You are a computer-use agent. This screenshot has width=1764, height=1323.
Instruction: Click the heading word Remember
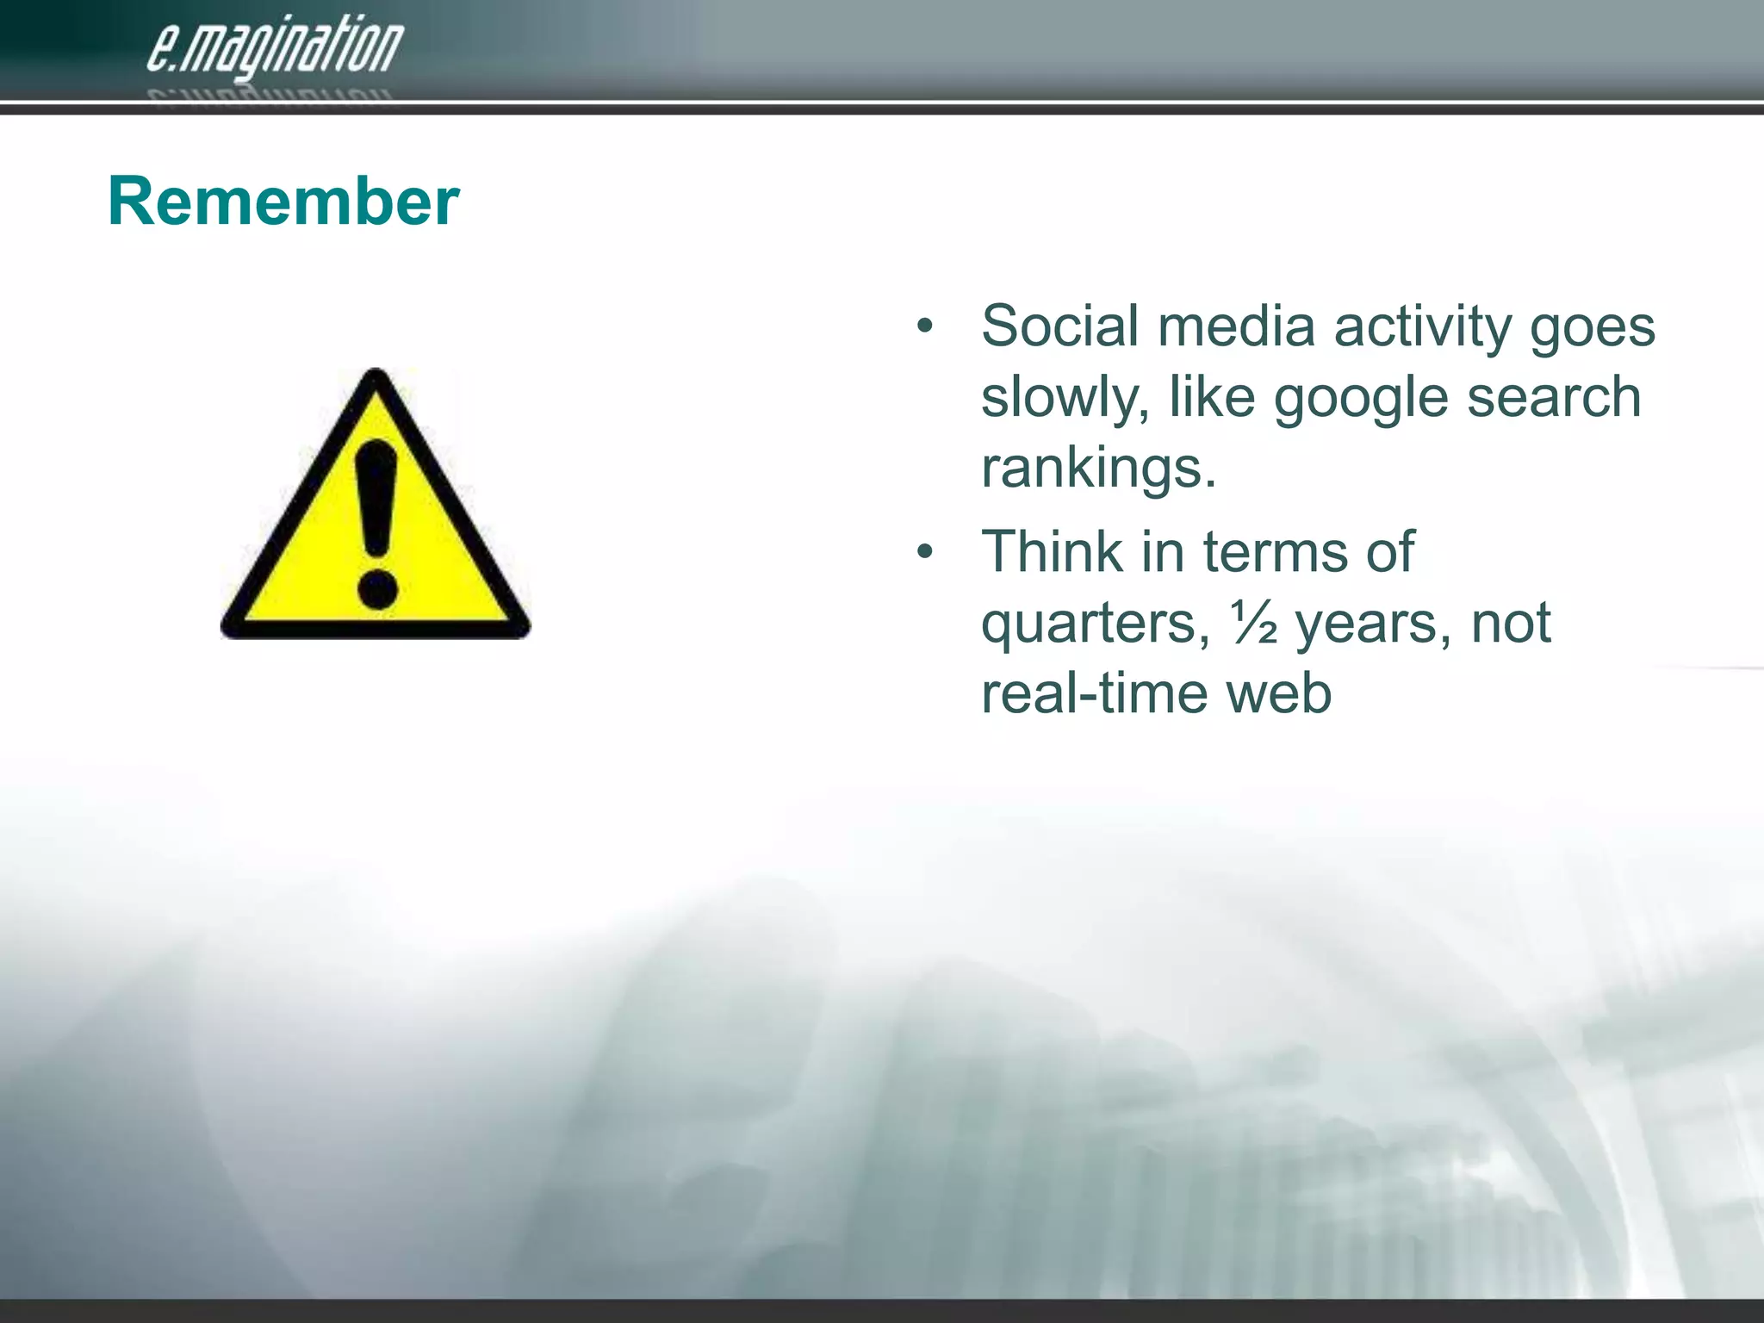coord(283,202)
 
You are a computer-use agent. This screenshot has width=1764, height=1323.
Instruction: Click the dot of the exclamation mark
coord(376,591)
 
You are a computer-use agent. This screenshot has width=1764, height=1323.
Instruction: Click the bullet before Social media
coord(924,327)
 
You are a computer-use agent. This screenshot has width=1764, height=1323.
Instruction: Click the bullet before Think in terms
coord(924,552)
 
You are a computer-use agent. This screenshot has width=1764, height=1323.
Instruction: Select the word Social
coord(1060,326)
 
